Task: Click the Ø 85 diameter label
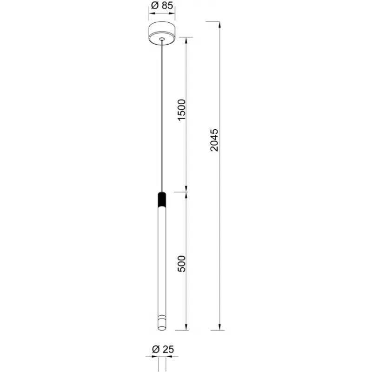tap(162, 5)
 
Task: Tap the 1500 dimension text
tap(181, 110)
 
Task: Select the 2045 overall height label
tap(214, 140)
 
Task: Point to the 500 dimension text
tap(181, 264)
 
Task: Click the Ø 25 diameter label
tap(163, 349)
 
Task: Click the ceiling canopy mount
tap(162, 33)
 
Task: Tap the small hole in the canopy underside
tap(162, 39)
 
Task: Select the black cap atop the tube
tap(162, 199)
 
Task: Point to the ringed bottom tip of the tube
tap(162, 323)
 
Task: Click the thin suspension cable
tap(162, 116)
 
